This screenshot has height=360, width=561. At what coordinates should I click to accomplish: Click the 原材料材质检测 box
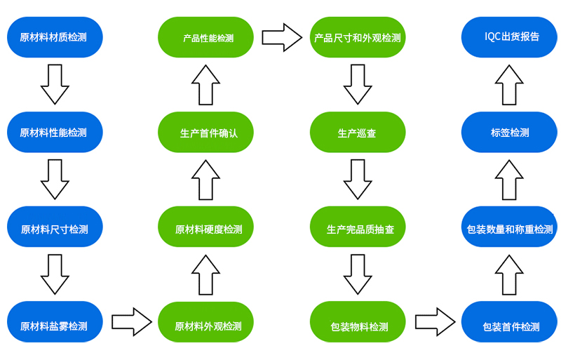[x=55, y=37]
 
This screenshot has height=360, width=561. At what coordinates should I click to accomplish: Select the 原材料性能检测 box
[x=55, y=132]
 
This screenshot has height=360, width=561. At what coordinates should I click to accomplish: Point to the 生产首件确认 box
[x=206, y=132]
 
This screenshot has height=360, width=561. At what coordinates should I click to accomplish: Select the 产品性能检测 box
[x=206, y=37]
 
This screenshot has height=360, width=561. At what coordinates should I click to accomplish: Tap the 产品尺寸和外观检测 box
[x=358, y=37]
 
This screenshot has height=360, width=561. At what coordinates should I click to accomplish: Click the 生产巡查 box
[x=358, y=132]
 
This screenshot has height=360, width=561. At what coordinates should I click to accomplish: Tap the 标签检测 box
[x=509, y=132]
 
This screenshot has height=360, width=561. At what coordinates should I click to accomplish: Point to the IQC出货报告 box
[x=509, y=37]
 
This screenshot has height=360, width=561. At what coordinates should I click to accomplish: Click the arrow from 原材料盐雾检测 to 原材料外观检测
[x=132, y=322]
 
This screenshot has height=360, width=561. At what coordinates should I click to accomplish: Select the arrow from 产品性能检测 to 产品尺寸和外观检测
[x=282, y=37]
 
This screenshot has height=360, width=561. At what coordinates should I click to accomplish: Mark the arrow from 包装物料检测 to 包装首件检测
[x=435, y=322]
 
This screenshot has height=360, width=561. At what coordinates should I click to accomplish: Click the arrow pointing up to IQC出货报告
[x=509, y=83]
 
